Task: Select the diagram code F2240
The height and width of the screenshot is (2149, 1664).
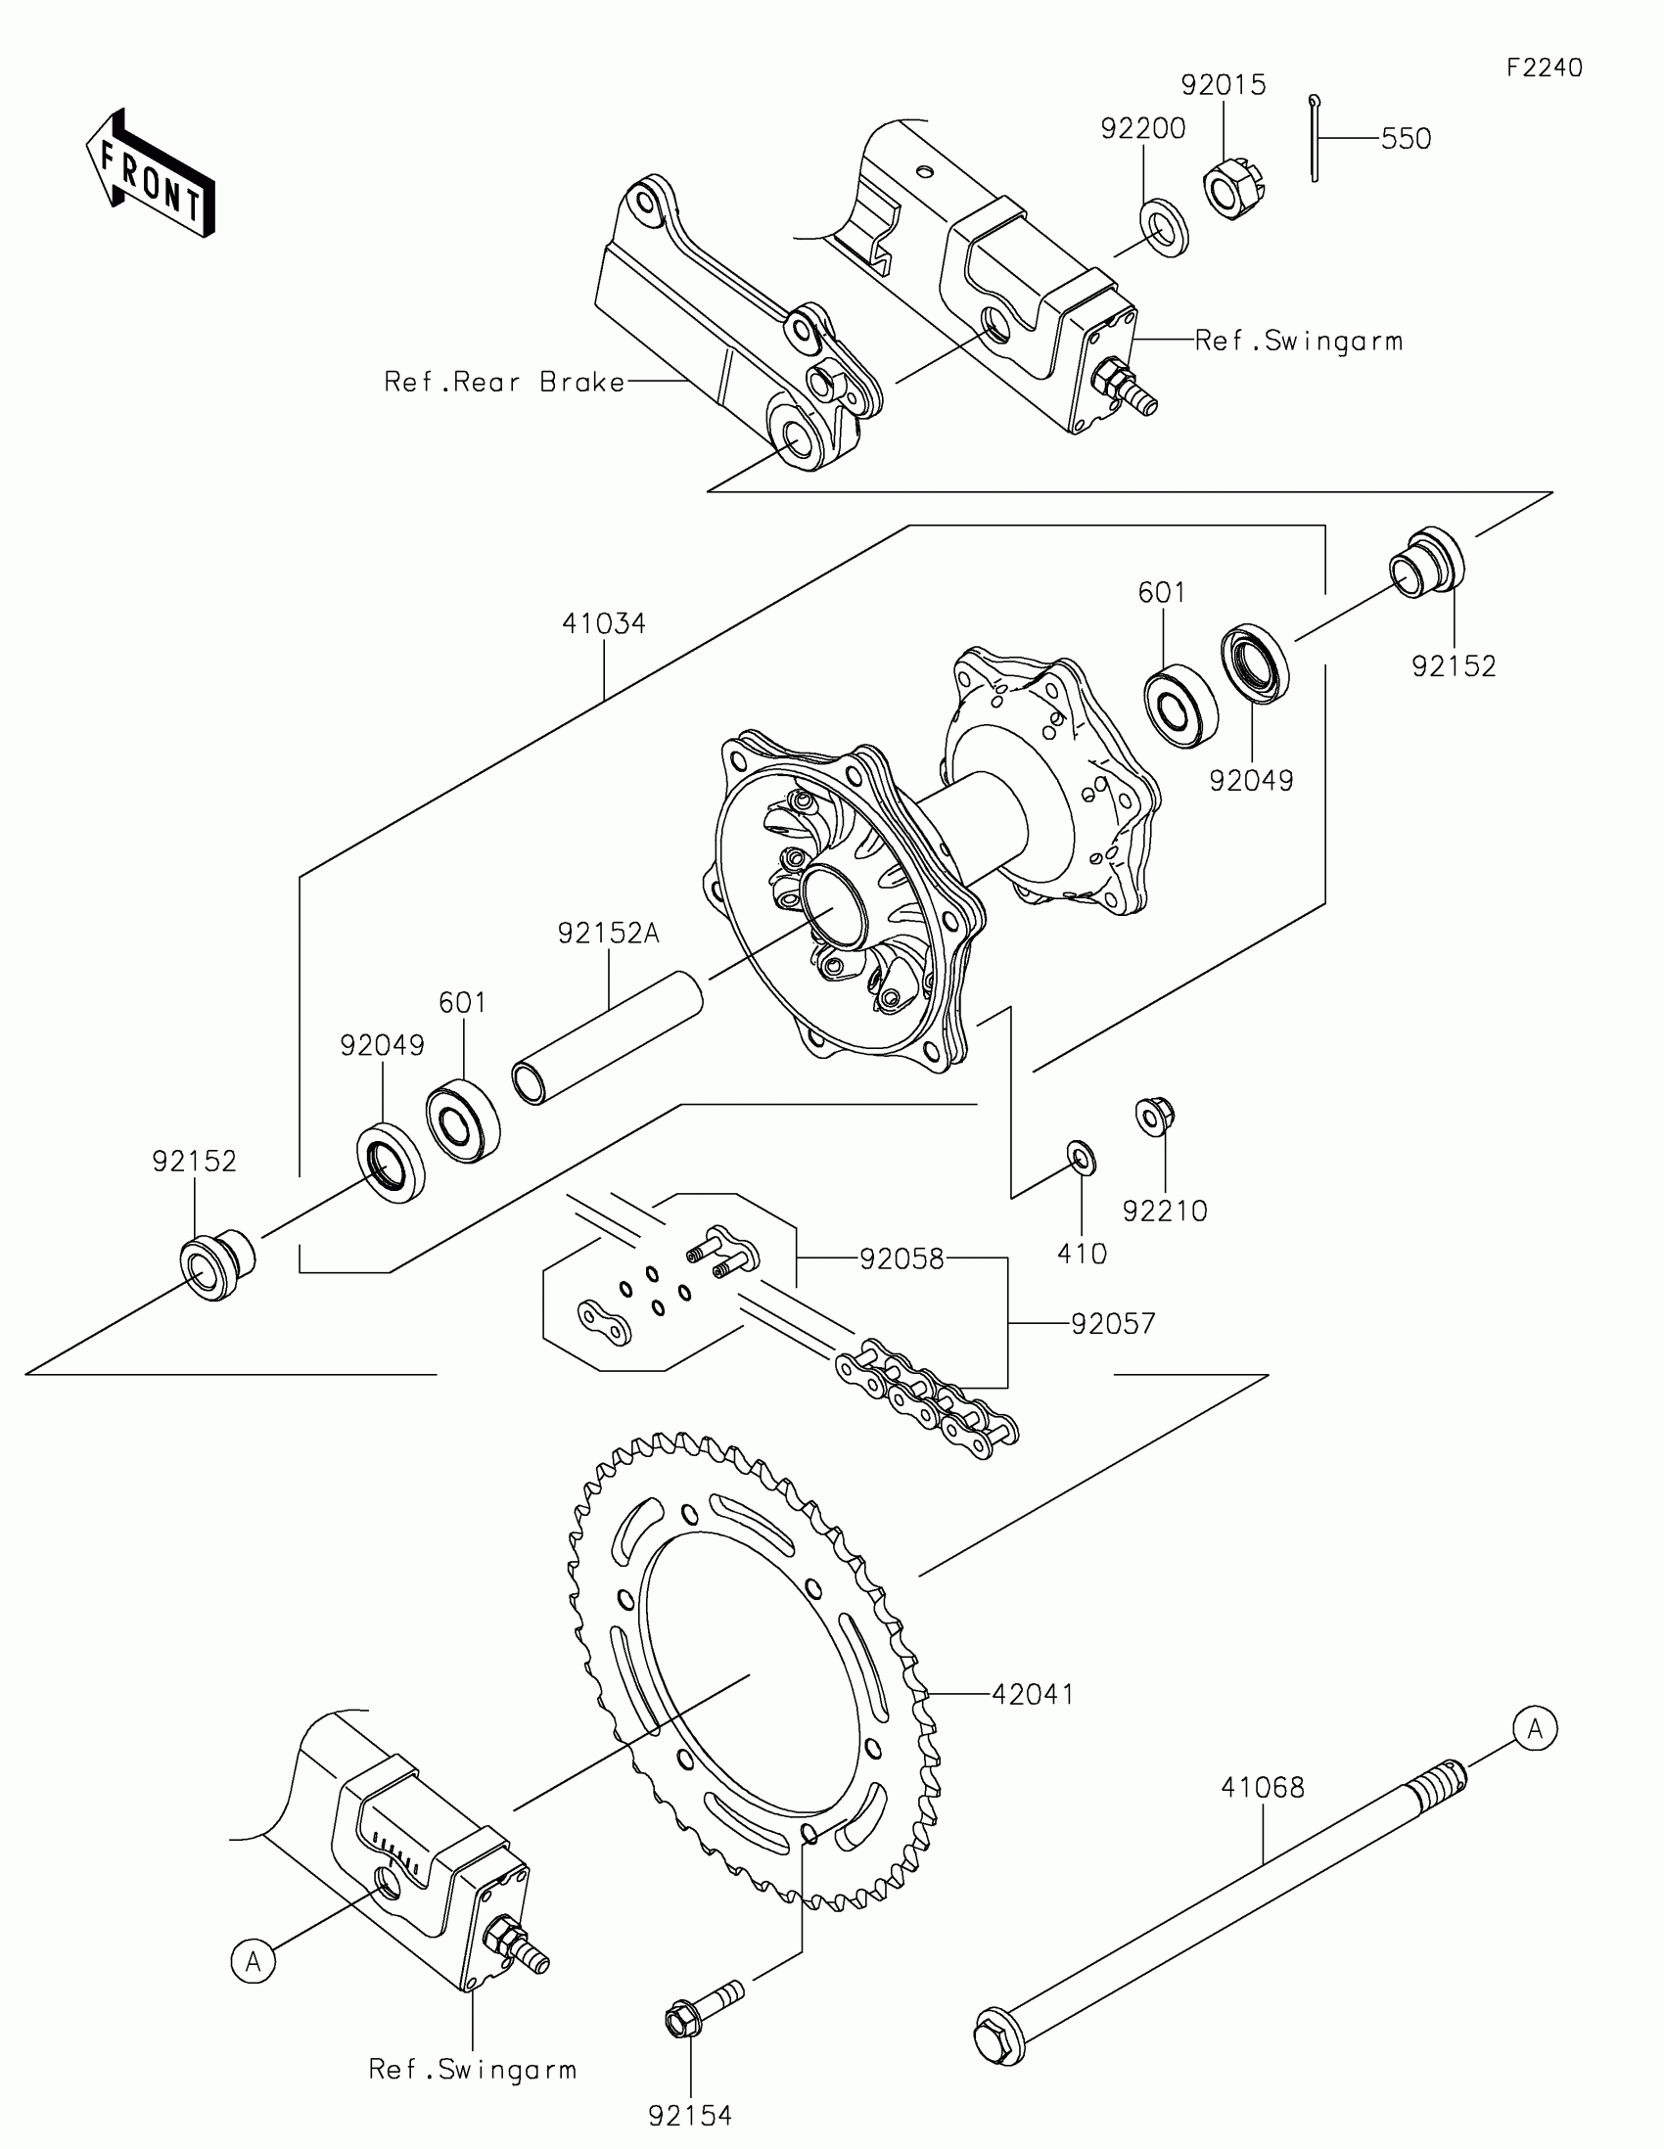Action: click(x=1544, y=68)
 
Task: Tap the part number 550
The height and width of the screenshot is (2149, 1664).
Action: click(x=1406, y=139)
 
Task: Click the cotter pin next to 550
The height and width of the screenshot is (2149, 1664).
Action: click(x=1315, y=138)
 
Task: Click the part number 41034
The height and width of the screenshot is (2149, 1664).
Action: click(x=603, y=622)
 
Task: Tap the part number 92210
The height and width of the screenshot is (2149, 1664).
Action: click(x=1164, y=1212)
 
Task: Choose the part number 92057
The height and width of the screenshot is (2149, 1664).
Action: click(x=1112, y=1323)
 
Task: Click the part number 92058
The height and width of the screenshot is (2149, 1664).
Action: click(x=901, y=1258)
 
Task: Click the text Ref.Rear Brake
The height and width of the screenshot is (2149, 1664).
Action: click(x=504, y=382)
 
